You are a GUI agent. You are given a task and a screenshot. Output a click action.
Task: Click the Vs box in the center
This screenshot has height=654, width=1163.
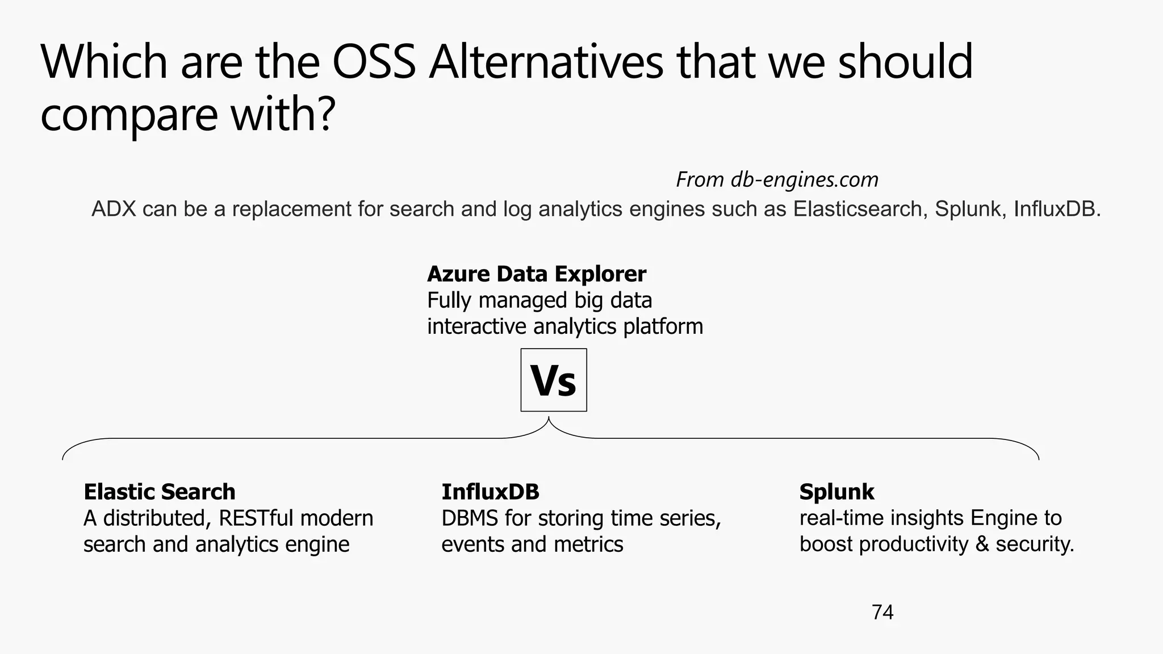[554, 380]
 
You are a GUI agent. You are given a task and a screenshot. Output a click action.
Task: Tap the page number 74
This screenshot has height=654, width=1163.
[882, 612]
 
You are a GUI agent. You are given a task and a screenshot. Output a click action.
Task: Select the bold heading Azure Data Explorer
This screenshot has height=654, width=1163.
[536, 274]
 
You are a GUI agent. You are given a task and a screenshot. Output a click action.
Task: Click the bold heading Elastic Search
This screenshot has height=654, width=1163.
[159, 492]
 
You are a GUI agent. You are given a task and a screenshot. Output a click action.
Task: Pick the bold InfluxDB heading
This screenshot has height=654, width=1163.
[490, 492]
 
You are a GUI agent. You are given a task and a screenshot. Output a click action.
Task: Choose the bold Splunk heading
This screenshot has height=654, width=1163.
[836, 492]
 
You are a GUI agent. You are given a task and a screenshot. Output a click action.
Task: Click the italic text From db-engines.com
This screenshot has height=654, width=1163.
[777, 180]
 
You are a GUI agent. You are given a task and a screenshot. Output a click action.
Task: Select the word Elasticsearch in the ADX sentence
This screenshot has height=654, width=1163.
[860, 209]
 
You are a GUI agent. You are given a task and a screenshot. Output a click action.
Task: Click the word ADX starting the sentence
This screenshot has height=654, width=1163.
[114, 209]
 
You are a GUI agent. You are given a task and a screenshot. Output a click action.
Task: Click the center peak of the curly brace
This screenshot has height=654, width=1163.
[549, 419]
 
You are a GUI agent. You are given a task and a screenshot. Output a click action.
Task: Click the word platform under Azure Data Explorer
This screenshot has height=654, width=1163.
[663, 327]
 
